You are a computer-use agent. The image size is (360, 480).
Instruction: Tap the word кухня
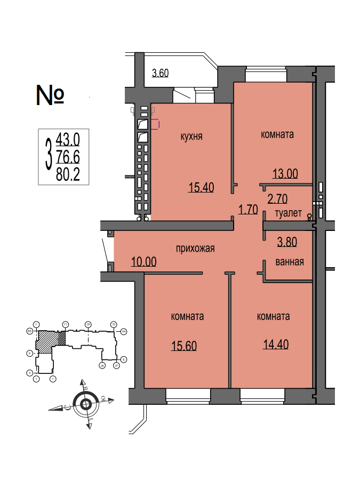[x=191, y=136]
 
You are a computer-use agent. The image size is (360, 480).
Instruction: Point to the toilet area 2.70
[x=277, y=199]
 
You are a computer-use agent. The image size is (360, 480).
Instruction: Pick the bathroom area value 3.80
[x=286, y=242]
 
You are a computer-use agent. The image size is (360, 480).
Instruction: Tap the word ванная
[x=290, y=262]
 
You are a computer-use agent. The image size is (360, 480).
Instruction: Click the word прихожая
[x=196, y=248]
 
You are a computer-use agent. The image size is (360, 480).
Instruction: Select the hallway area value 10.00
[x=143, y=262]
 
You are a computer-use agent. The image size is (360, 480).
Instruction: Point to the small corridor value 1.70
[x=248, y=209]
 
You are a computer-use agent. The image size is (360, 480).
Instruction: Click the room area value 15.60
[x=184, y=346]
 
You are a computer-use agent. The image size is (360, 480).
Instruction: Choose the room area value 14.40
[x=276, y=344]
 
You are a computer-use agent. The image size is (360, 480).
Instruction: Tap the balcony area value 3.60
[x=160, y=74]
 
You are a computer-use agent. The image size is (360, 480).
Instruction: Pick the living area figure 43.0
[x=68, y=140]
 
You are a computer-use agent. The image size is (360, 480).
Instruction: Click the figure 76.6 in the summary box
[x=68, y=157]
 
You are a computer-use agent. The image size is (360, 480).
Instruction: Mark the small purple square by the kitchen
[x=155, y=125]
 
